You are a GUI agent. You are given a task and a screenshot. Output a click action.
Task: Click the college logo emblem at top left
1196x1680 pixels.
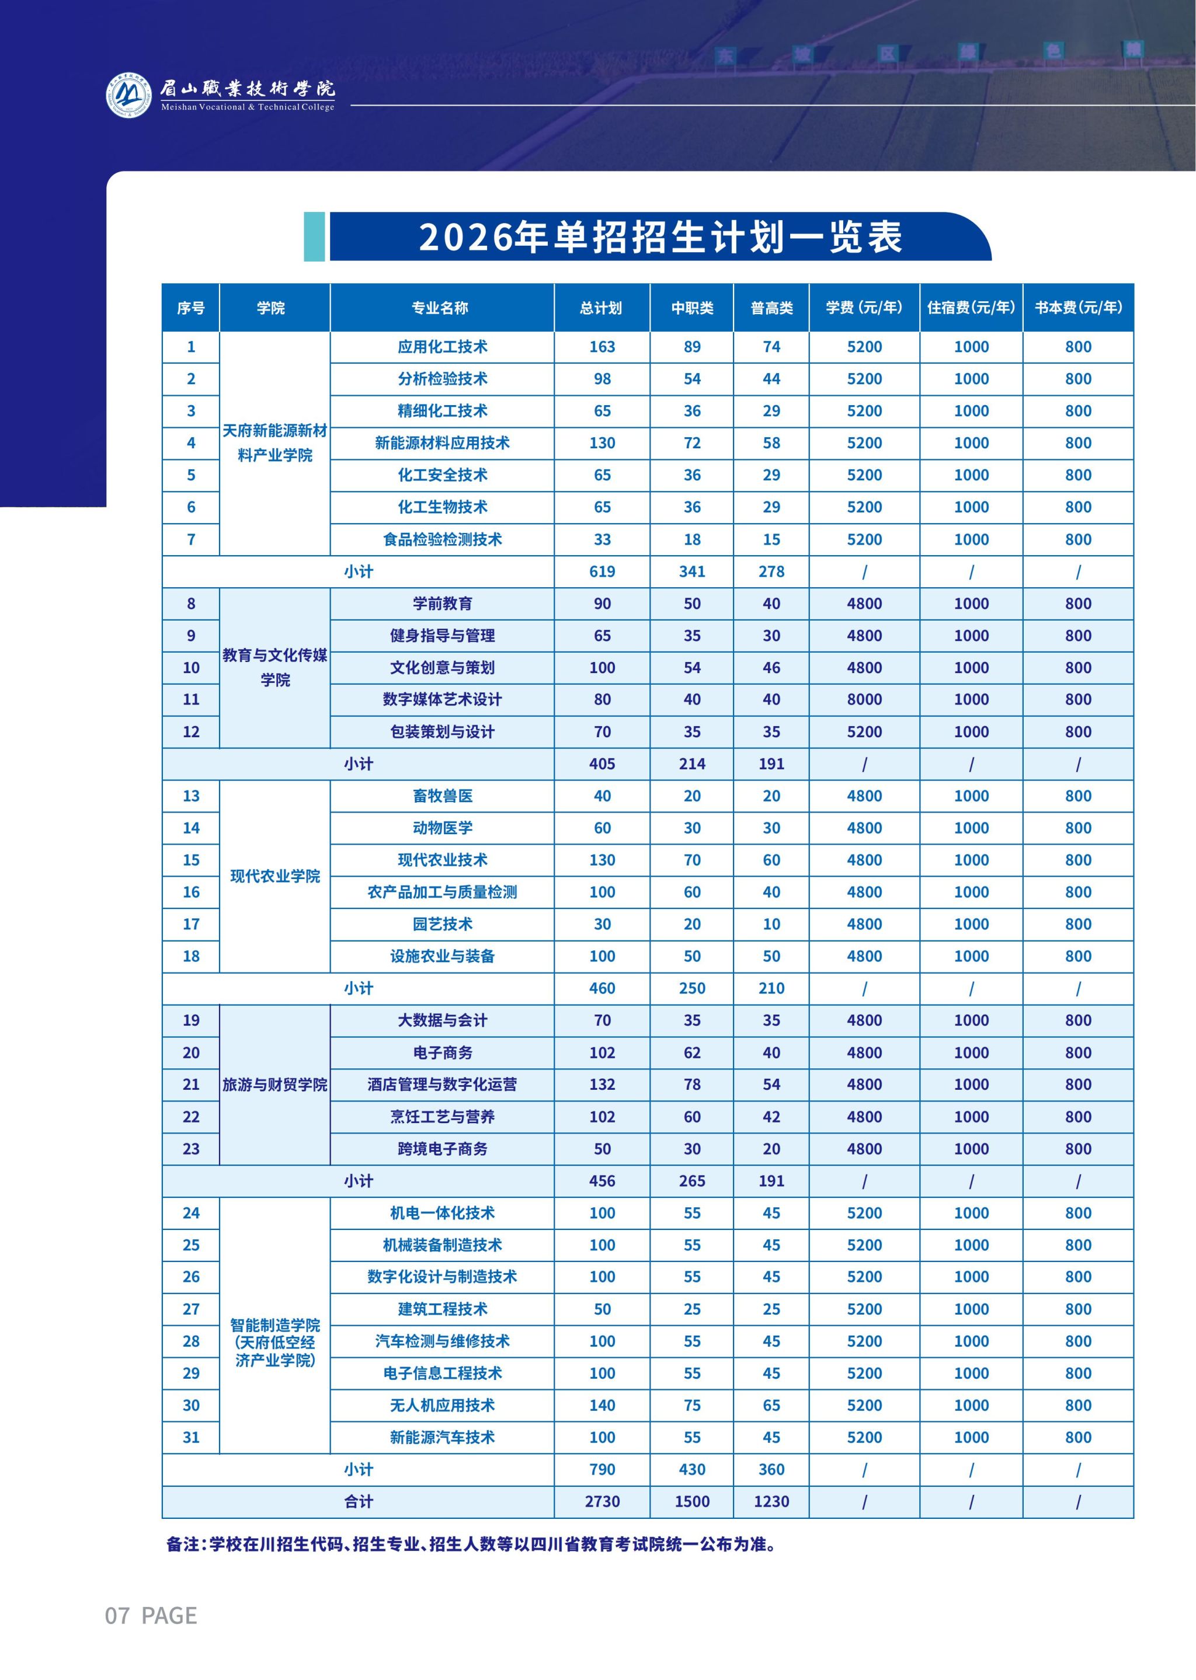tap(130, 94)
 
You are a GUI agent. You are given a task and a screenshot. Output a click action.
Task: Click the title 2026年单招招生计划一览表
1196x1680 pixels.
tap(660, 237)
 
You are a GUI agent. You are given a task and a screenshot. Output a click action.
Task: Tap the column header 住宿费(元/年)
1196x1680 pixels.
tap(971, 308)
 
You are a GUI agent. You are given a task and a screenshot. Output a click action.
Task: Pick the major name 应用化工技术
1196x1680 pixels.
tap(442, 347)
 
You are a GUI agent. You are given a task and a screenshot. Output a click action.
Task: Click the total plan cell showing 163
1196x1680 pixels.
tap(602, 347)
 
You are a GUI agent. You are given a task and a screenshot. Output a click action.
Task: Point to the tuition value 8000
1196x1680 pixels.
tap(864, 699)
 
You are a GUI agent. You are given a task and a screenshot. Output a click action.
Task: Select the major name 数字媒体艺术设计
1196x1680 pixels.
tap(442, 699)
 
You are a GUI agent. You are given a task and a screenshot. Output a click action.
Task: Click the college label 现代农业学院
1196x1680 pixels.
tap(274, 876)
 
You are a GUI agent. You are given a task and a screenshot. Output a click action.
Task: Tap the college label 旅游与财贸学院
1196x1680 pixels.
tap(274, 1085)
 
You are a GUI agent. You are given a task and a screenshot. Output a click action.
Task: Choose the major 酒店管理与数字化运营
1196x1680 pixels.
tap(442, 1085)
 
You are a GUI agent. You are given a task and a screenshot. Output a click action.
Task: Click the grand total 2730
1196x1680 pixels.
tap(602, 1501)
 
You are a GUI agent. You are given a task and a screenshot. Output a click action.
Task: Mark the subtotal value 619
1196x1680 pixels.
tap(602, 571)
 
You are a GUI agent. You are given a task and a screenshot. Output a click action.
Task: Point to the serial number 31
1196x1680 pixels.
tap(191, 1437)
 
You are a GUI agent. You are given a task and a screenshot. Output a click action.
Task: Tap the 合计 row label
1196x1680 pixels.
tap(359, 1501)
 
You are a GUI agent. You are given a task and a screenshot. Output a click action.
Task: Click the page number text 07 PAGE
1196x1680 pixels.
tap(151, 1615)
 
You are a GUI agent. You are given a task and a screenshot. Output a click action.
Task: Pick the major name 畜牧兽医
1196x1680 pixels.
tap(442, 796)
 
